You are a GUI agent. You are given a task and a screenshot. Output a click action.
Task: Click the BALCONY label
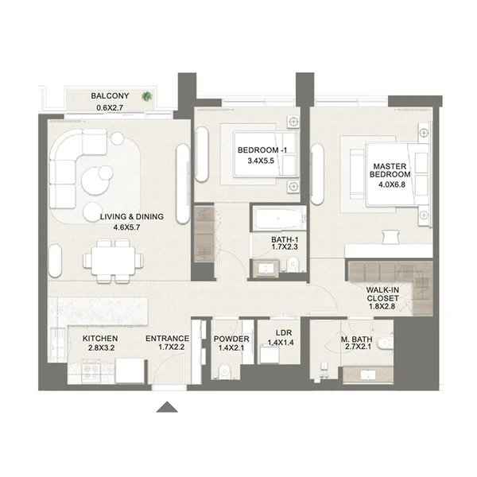(110, 96)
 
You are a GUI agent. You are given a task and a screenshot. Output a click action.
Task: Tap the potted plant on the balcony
(146, 96)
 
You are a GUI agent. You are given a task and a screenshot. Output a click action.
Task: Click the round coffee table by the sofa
(93, 180)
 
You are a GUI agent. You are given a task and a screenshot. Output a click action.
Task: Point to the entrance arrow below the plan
(167, 407)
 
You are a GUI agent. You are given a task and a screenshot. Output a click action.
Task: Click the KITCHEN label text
(100, 339)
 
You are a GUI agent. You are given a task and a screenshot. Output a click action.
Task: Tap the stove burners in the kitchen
(91, 369)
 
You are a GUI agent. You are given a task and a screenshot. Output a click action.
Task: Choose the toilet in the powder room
(224, 370)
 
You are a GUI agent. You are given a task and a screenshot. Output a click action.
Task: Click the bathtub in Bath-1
(279, 218)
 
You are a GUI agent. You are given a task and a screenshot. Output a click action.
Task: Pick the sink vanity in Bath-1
(266, 269)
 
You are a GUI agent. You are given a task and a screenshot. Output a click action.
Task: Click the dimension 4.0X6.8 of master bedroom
(392, 184)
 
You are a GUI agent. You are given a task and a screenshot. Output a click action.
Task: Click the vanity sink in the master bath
(368, 374)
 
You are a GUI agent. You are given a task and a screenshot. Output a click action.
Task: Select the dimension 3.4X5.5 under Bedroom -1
(261, 161)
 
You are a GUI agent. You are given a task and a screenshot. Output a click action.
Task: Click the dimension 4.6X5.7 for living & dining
(126, 227)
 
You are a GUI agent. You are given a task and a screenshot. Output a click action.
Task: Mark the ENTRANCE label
(167, 339)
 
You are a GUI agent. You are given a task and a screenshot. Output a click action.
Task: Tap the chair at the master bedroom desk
(390, 236)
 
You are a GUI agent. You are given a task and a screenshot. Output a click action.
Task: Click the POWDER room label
(231, 339)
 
